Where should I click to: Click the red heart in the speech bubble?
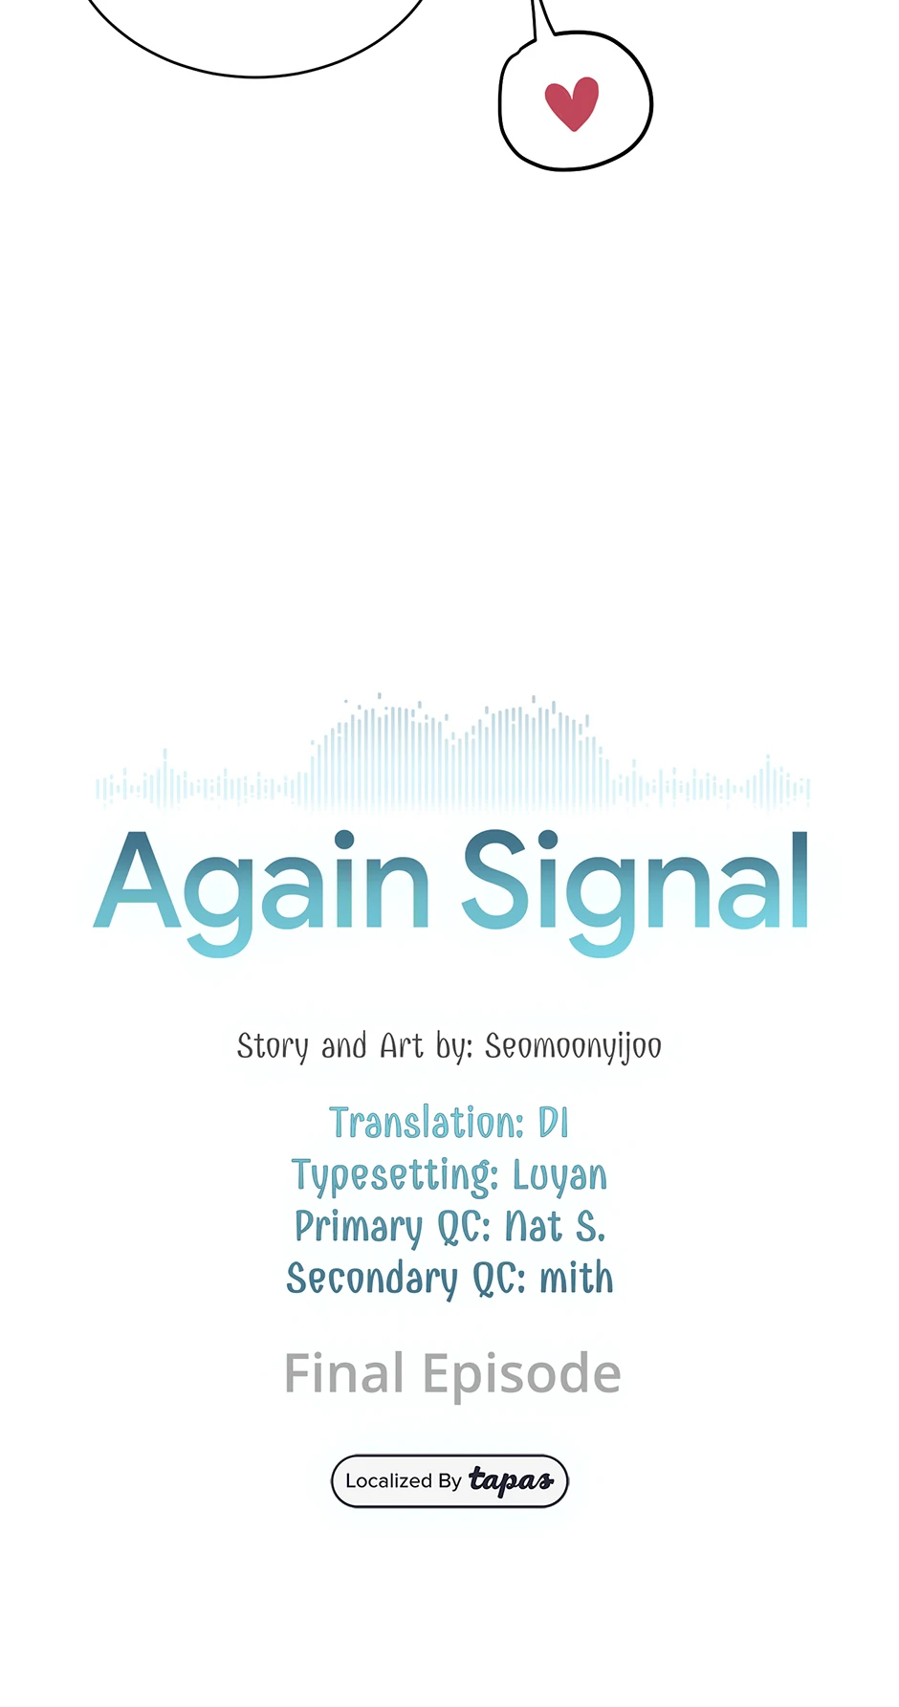572,103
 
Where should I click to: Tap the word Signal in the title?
636,890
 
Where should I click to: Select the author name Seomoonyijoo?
573,1047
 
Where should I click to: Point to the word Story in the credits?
273,1047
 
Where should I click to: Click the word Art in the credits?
402,1045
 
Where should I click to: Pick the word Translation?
427,1123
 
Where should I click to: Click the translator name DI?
554,1123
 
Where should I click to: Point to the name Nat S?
555,1226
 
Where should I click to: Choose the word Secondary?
372,1280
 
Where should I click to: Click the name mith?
577,1278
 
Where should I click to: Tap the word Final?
344,1374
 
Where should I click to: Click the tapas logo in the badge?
511,1481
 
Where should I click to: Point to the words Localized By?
404,1481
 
